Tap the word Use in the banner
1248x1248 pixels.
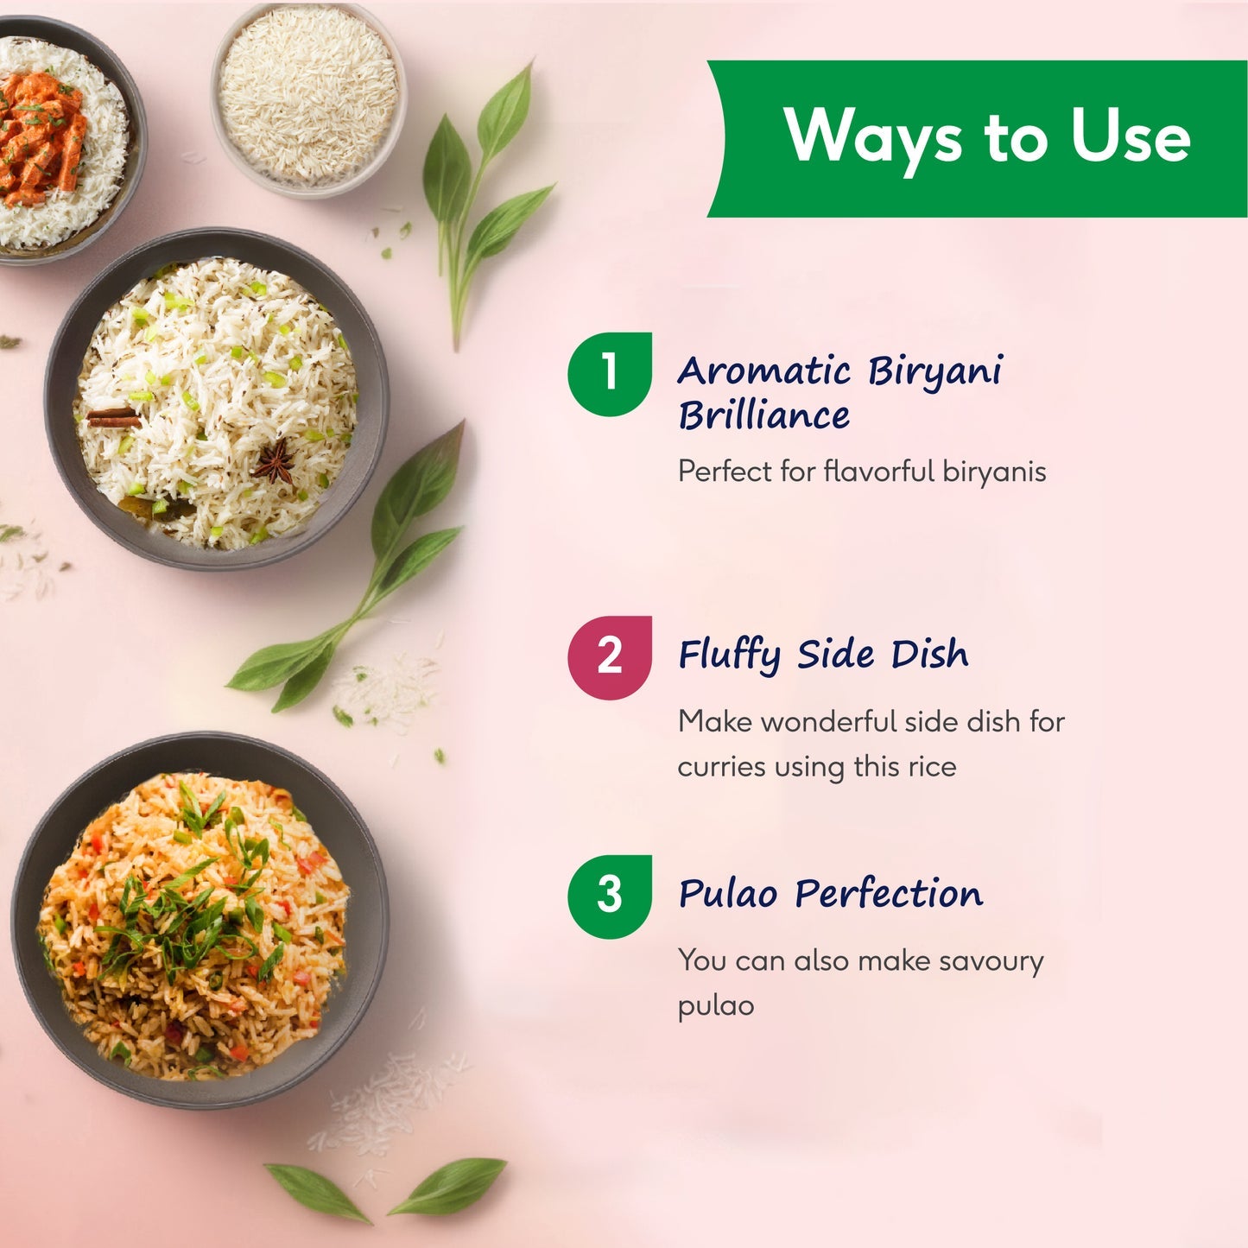pyautogui.click(x=1130, y=136)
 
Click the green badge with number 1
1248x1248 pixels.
pyautogui.click(x=610, y=374)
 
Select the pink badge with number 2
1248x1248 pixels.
pyautogui.click(x=610, y=657)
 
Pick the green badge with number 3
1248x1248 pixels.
pyautogui.click(x=610, y=896)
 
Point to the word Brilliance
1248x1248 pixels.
pyautogui.click(x=763, y=415)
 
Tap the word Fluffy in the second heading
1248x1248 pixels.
pyautogui.click(x=730, y=656)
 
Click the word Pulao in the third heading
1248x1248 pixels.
pyautogui.click(x=727, y=894)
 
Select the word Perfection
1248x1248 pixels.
pyautogui.click(x=889, y=893)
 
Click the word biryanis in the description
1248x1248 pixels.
pyautogui.click(x=994, y=472)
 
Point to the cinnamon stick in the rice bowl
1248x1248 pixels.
pyautogui.click(x=112, y=418)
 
